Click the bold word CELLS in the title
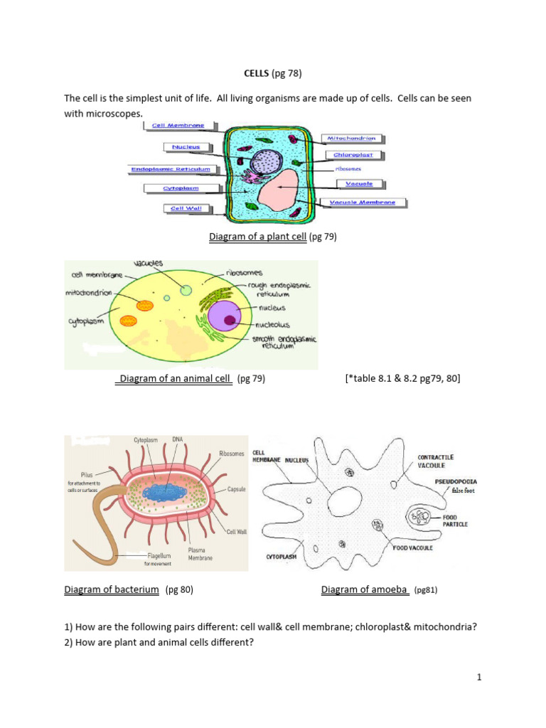[x=247, y=73]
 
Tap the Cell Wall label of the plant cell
[x=183, y=208]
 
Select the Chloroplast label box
[x=354, y=154]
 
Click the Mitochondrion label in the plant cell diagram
[x=351, y=138]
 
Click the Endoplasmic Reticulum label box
[x=171, y=169]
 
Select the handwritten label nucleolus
[x=274, y=324]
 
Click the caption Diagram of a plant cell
[x=257, y=237]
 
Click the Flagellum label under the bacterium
[x=160, y=555]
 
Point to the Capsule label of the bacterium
[x=237, y=490]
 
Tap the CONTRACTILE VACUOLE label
[x=435, y=461]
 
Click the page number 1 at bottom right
[x=479, y=678]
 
